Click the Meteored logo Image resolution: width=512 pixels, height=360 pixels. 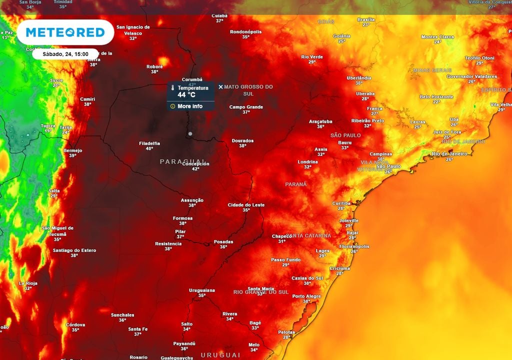click(x=65, y=32)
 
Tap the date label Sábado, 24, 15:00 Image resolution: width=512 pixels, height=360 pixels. click(x=65, y=54)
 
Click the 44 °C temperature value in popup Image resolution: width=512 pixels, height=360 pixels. click(x=186, y=95)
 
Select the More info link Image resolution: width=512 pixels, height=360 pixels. click(x=190, y=106)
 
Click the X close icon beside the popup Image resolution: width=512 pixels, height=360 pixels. click(x=220, y=87)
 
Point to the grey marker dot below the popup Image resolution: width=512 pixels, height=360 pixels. click(x=190, y=133)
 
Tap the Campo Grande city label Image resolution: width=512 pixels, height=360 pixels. click(x=246, y=106)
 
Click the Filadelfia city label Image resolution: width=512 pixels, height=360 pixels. click(x=149, y=143)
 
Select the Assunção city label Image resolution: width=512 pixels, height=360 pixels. click(x=192, y=200)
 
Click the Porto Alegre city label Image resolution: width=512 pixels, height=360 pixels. click(x=306, y=296)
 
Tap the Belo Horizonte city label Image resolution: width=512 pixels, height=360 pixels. click(x=436, y=96)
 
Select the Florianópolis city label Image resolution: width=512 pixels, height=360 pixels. click(x=354, y=246)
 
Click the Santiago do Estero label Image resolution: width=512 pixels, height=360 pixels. click(x=74, y=250)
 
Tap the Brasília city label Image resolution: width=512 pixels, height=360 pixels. click(x=366, y=19)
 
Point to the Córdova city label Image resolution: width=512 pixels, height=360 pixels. click(x=75, y=324)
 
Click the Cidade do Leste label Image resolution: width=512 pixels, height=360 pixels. click(x=246, y=205)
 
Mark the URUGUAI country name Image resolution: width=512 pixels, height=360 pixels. click(x=217, y=354)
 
